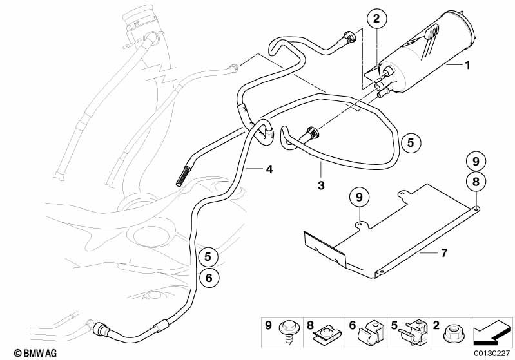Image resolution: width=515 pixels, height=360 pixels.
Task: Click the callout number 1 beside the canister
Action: click(468, 65)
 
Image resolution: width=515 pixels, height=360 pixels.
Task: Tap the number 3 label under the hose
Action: click(320, 186)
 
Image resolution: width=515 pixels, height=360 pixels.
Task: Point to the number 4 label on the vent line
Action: click(269, 169)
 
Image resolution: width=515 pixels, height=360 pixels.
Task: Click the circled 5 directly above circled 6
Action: click(208, 257)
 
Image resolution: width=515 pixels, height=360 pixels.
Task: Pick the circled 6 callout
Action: click(208, 278)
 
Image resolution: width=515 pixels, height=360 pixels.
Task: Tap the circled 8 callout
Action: click(475, 182)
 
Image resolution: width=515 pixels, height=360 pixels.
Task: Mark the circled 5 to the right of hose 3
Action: click(411, 142)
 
